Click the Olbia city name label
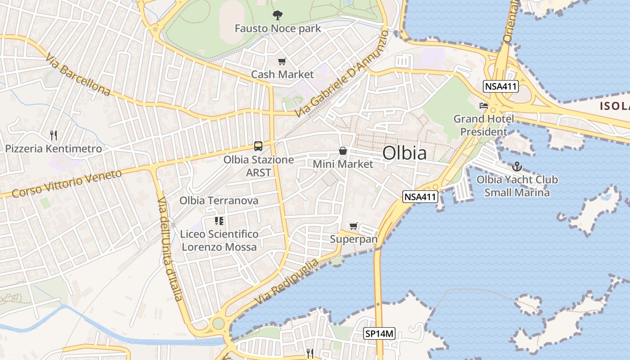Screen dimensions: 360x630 [404, 153]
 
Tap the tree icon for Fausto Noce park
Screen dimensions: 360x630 [277, 15]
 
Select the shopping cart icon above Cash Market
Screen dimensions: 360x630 [282, 61]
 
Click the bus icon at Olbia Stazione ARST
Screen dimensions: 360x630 [258, 146]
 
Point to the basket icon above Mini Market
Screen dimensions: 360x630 [343, 151]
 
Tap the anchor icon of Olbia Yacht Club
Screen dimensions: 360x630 [517, 167]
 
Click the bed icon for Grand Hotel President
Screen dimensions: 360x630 [484, 106]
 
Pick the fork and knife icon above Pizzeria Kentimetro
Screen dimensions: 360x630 [53, 135]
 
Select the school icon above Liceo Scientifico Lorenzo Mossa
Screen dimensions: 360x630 [219, 221]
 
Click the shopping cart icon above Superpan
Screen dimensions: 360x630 [354, 226]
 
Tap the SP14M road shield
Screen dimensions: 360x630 [379, 334]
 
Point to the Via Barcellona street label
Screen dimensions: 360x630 [78, 75]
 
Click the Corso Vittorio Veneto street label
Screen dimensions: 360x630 [67, 184]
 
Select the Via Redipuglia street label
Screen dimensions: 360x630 [286, 282]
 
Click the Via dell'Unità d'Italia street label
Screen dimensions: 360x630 [170, 248]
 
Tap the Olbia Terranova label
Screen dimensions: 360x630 [219, 201]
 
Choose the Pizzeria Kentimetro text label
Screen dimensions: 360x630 [53, 148]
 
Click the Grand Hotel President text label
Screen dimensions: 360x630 [484, 126]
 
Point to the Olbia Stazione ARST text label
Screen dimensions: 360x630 [259, 166]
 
